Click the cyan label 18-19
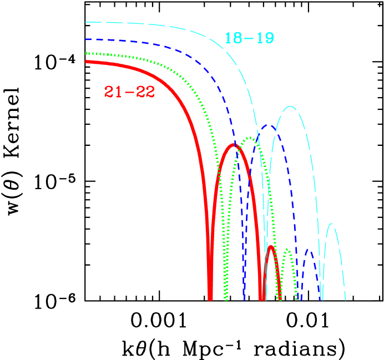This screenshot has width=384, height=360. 249,38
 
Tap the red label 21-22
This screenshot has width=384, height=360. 129,92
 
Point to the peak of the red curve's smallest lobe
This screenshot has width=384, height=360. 271,247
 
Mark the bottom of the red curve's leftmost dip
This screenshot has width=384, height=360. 210,298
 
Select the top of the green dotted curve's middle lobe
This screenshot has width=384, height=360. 251,138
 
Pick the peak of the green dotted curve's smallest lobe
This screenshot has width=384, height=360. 286,250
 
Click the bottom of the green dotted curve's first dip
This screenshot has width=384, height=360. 226,298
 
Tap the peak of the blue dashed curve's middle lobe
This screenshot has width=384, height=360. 269,125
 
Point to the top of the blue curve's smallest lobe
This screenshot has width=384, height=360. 310,251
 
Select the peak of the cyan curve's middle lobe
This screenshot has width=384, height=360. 290,107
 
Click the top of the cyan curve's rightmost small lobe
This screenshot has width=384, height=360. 331,224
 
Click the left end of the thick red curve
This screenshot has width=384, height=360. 86,62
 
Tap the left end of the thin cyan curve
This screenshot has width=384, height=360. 86,22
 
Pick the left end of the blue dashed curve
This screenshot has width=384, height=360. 86,39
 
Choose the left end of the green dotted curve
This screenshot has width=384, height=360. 86,53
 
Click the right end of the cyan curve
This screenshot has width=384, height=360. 345,300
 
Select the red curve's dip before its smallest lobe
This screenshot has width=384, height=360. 261,298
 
